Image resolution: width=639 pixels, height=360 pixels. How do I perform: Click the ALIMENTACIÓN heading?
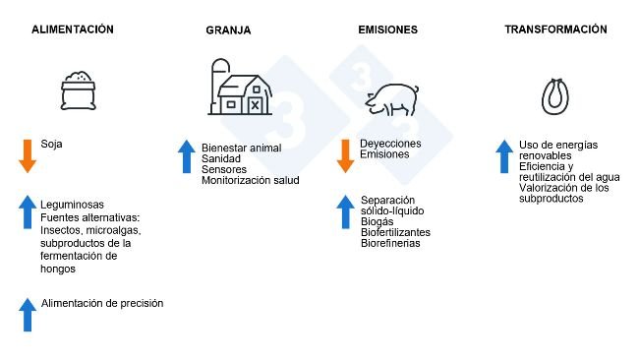click(73, 30)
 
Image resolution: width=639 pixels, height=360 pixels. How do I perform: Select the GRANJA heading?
click(228, 30)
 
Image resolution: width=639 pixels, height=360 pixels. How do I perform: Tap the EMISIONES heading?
click(387, 30)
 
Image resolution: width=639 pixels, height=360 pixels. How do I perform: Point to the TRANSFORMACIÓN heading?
click(555, 30)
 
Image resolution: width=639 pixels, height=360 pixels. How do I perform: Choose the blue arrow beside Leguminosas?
click(27, 212)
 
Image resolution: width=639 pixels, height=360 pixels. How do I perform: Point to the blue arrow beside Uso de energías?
click(503, 156)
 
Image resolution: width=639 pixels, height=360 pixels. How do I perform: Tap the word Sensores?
click(223, 169)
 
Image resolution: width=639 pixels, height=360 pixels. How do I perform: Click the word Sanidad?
click(222, 158)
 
